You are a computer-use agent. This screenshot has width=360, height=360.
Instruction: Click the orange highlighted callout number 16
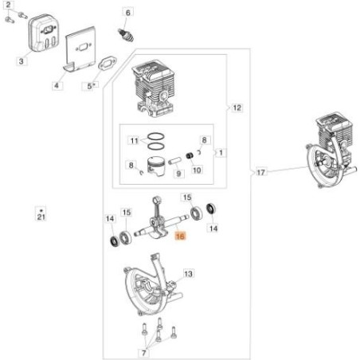180,236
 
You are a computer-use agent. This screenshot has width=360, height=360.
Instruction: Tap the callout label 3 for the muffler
22,61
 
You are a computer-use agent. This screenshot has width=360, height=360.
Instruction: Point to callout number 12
237,108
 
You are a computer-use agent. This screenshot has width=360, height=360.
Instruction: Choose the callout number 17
260,172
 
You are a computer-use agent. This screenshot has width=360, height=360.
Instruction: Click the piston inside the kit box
157,166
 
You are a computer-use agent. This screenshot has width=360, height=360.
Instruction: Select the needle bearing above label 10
190,155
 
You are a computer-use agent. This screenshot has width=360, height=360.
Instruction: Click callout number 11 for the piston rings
135,140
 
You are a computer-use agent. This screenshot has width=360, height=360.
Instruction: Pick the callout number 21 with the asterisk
41,214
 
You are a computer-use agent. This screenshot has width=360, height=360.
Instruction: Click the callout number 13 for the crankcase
188,274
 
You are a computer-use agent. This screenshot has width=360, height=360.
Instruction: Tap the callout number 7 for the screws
144,353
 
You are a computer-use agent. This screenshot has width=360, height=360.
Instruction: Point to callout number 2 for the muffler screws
8,5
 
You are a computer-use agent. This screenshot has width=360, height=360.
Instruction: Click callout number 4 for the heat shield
57,86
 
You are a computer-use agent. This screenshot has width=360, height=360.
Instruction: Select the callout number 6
128,13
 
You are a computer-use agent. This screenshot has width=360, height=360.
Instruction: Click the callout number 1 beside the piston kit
221,153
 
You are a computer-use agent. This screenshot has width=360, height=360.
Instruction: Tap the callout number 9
179,174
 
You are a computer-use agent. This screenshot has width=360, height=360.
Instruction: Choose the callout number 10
197,170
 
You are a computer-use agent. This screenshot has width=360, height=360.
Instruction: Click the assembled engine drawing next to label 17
333,151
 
